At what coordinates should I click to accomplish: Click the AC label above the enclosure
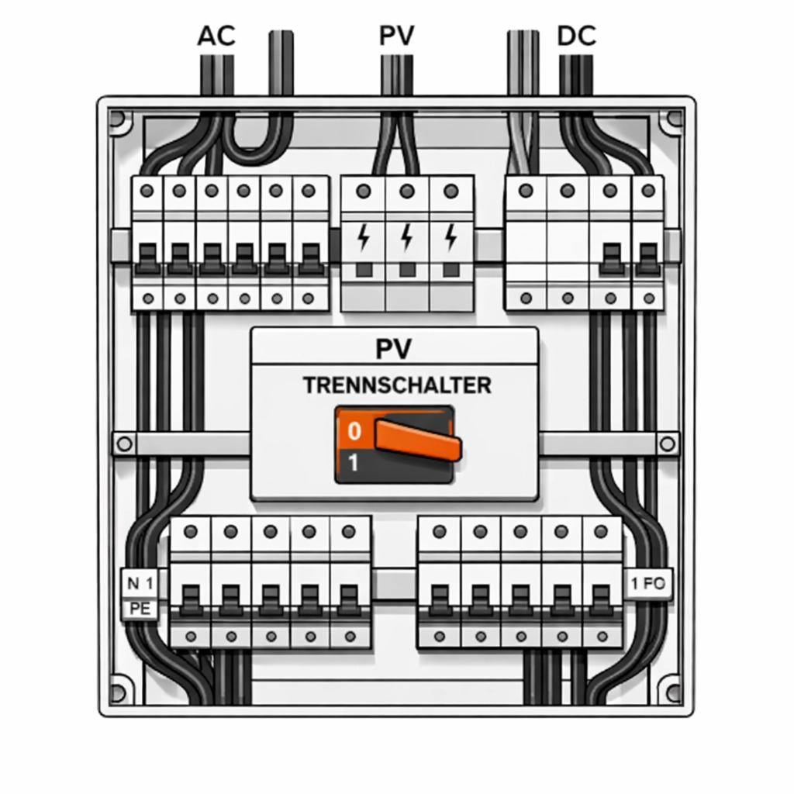click(216, 36)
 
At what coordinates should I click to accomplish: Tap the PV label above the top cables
click(397, 36)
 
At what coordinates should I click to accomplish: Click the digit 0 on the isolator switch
click(354, 430)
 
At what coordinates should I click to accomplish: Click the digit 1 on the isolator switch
click(354, 464)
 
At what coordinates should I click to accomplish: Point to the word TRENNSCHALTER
click(397, 385)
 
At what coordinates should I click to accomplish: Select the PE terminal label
click(140, 609)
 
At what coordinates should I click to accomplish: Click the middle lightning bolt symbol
click(406, 237)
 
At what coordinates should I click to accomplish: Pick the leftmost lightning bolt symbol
click(363, 237)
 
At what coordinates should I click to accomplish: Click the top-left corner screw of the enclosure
click(118, 120)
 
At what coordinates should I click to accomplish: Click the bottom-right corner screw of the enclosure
click(671, 689)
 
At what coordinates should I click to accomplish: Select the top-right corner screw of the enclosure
click(671, 120)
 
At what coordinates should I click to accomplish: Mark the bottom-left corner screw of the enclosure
click(118, 689)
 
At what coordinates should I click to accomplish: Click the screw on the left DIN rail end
click(124, 444)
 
